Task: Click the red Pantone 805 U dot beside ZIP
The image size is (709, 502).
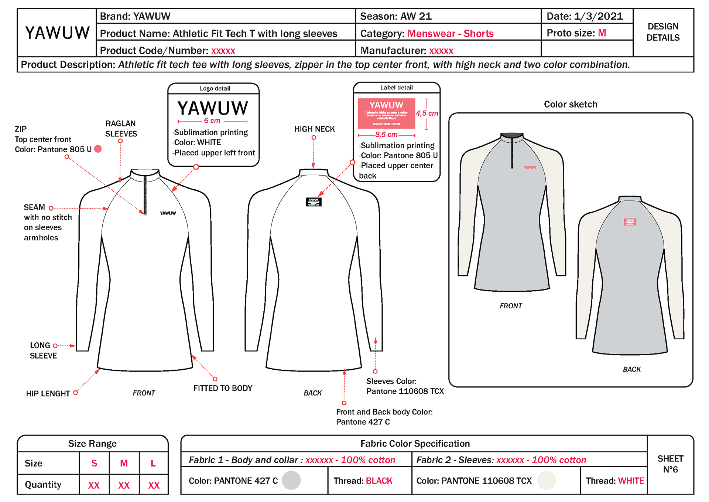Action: click(98, 149)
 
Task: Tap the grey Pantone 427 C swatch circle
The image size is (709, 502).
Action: click(291, 480)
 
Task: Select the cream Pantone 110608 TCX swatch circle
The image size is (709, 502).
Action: click(546, 480)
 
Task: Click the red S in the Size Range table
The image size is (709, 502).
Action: click(94, 463)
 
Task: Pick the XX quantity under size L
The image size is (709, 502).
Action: click(154, 485)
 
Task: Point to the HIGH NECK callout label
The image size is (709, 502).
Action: click(314, 129)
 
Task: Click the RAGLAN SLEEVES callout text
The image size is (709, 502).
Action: click(121, 129)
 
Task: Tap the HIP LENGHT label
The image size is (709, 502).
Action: click(48, 393)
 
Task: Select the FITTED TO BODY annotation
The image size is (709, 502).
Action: click(223, 388)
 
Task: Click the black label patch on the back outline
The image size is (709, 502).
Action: click(314, 202)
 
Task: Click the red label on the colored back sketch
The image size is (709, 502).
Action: click(630, 222)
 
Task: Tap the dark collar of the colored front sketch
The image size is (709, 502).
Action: click(512, 136)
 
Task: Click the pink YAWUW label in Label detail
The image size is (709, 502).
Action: click(386, 113)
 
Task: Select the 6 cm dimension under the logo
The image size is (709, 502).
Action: click(212, 121)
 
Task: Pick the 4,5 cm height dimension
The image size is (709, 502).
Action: click(427, 113)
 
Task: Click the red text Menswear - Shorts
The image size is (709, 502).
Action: click(450, 34)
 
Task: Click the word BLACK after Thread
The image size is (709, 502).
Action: click(379, 481)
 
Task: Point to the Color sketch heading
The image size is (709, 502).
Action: click(570, 104)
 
